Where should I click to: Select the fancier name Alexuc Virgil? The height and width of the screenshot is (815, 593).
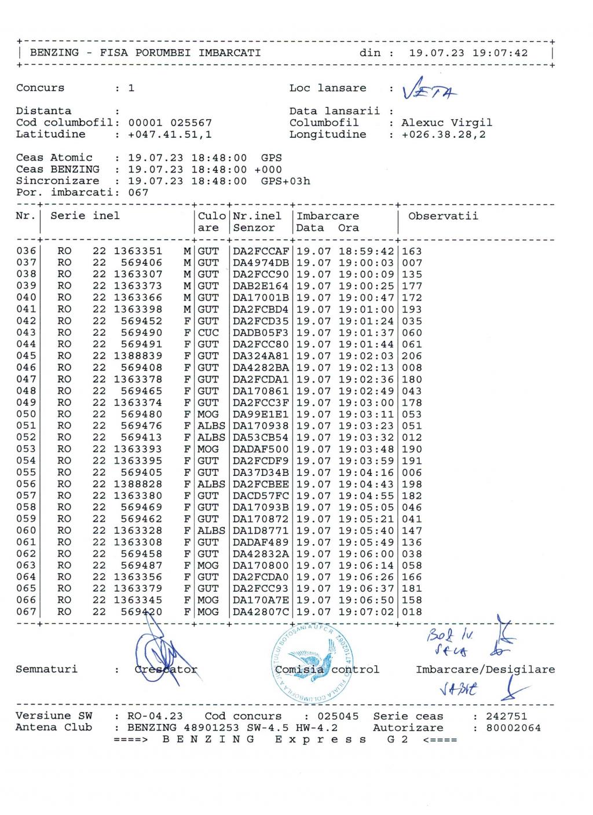pyautogui.click(x=446, y=123)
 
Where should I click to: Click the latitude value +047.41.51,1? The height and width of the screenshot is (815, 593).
pyautogui.click(x=170, y=134)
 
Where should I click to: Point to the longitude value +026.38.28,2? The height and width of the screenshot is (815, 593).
pyautogui.click(x=443, y=134)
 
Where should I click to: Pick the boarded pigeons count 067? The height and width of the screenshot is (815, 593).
pyautogui.click(x=138, y=193)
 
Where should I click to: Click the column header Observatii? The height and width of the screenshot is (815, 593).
pyautogui.click(x=443, y=216)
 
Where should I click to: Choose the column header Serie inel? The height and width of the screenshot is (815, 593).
pyautogui.click(x=85, y=216)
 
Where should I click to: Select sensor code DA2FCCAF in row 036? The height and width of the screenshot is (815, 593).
pyautogui.click(x=261, y=251)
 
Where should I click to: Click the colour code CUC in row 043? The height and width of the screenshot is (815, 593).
pyautogui.click(x=208, y=333)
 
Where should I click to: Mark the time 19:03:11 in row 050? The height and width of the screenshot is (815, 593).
pyautogui.click(x=366, y=414)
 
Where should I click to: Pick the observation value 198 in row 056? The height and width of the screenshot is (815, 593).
pyautogui.click(x=412, y=484)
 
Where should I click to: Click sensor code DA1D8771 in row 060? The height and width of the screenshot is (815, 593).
pyautogui.click(x=261, y=531)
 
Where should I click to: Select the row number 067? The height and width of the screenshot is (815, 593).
pyautogui.click(x=26, y=612)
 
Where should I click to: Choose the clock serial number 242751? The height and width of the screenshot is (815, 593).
pyautogui.click(x=506, y=716)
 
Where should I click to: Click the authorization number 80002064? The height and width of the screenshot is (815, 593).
pyautogui.click(x=513, y=728)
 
